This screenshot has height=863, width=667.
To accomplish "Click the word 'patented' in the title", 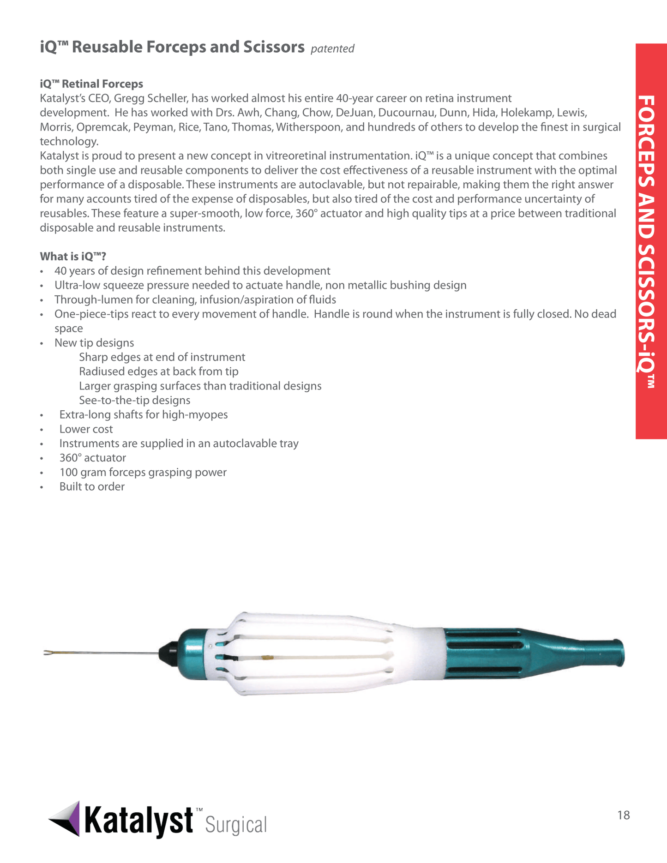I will tap(332, 49).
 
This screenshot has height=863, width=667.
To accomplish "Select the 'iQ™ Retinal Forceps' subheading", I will tap(91, 84).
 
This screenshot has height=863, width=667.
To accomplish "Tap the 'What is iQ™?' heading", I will tap(73, 257).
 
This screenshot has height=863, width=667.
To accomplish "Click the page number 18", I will tap(623, 815).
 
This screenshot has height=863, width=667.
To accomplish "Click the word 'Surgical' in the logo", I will tap(236, 825).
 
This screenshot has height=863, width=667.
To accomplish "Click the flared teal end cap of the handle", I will tap(616, 653).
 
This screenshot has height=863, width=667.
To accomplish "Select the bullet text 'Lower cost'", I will tap(86, 429).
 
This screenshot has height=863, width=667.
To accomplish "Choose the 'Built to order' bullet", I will tap(92, 487).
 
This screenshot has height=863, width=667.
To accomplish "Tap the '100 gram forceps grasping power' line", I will tap(143, 473).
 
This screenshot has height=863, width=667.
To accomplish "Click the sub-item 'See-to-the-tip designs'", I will tap(134, 401).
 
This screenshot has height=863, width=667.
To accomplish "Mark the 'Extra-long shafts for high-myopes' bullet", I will tap(143, 415).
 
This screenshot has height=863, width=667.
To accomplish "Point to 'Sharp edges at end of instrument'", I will tap(162, 357).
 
